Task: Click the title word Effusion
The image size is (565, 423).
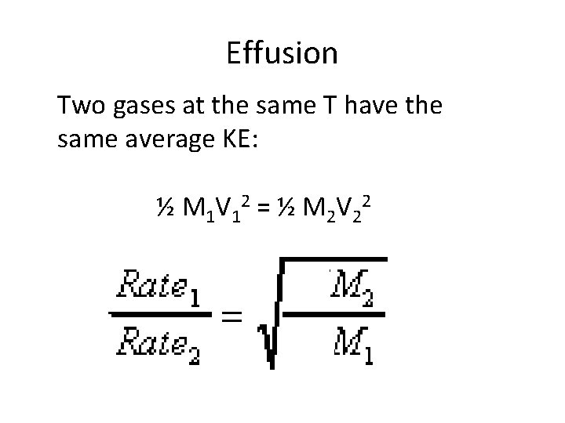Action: pos(282,53)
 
